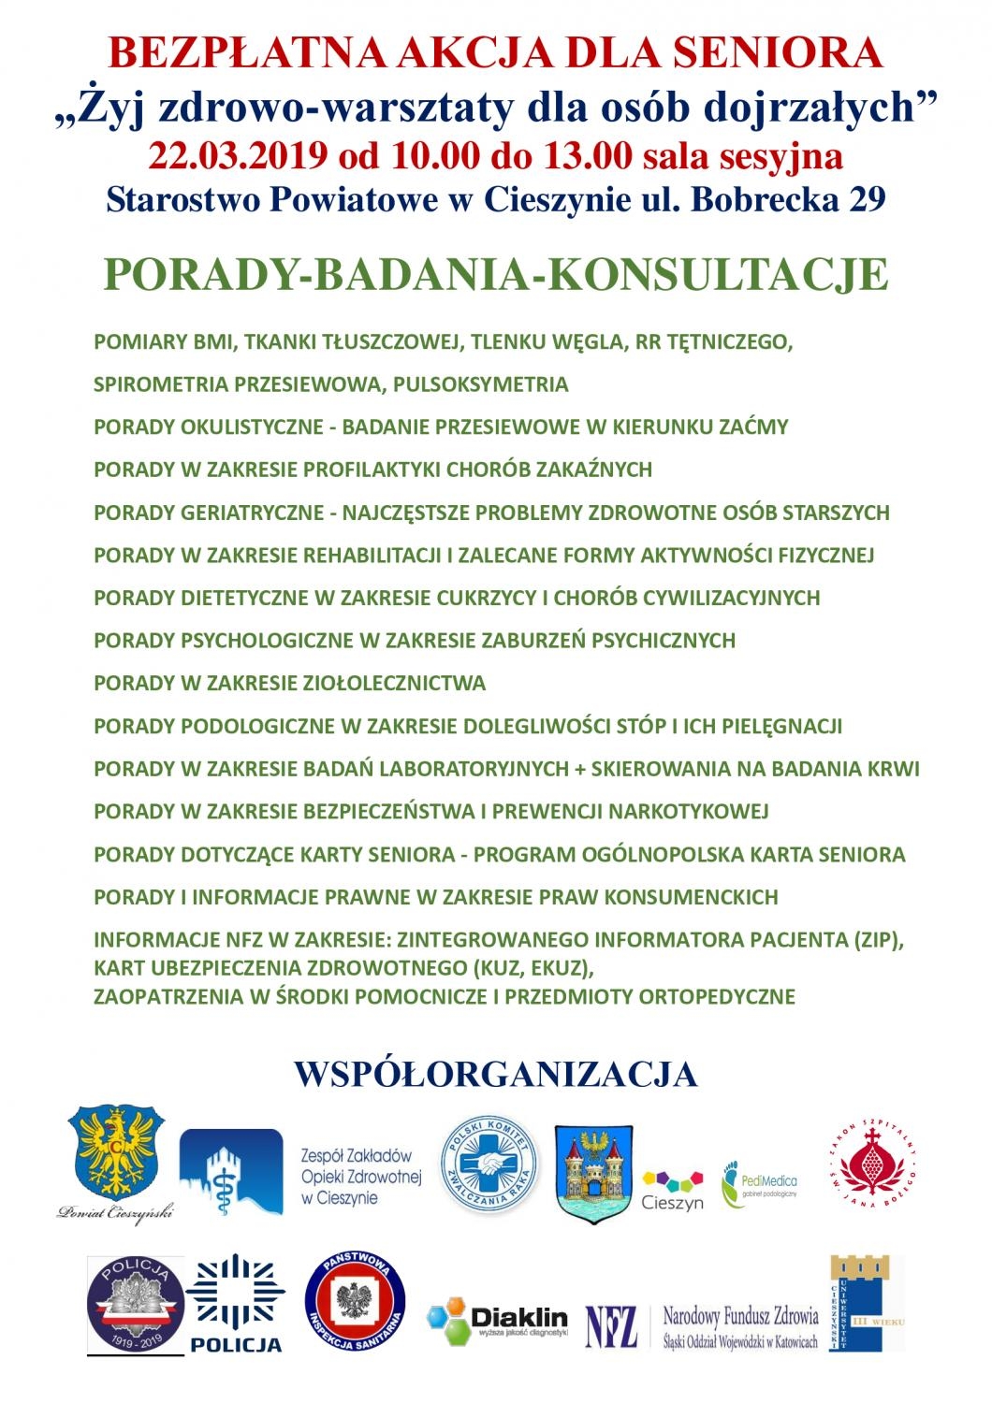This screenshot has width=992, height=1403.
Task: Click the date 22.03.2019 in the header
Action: point(231,155)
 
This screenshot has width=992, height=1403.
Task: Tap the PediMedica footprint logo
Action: point(759,1184)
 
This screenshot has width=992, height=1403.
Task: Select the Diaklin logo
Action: point(498,1319)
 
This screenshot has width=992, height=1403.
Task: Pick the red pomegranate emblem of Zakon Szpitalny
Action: point(871,1167)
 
